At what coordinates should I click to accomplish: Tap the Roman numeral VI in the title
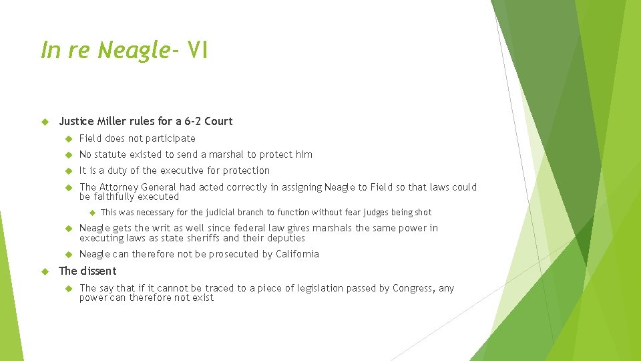click(198, 49)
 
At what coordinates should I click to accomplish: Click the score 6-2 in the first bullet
click(190, 121)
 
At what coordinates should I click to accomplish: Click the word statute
click(113, 154)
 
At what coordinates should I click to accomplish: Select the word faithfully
click(113, 197)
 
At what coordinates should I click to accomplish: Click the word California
click(294, 254)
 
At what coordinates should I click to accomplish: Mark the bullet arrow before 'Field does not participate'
click(67, 138)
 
